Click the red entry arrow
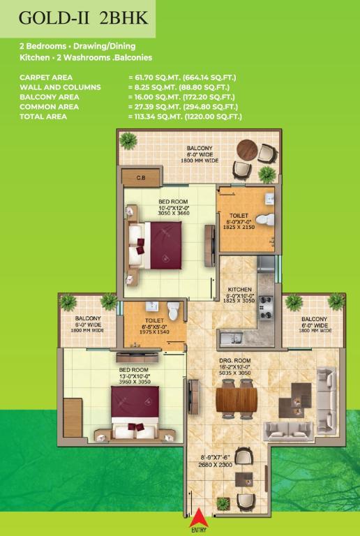tap(199, 517)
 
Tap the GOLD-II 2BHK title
tap(84, 17)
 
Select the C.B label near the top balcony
tap(141, 178)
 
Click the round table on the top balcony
tap(247, 149)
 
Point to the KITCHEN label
tap(239, 289)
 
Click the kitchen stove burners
tap(267, 307)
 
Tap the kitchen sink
tap(231, 338)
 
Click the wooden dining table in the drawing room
tap(237, 400)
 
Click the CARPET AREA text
tap(46, 77)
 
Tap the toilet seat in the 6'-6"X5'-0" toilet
tap(173, 311)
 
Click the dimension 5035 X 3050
tap(235, 373)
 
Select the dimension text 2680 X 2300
tap(215, 465)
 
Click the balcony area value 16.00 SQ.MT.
tap(155, 97)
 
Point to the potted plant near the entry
tap(223, 503)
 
